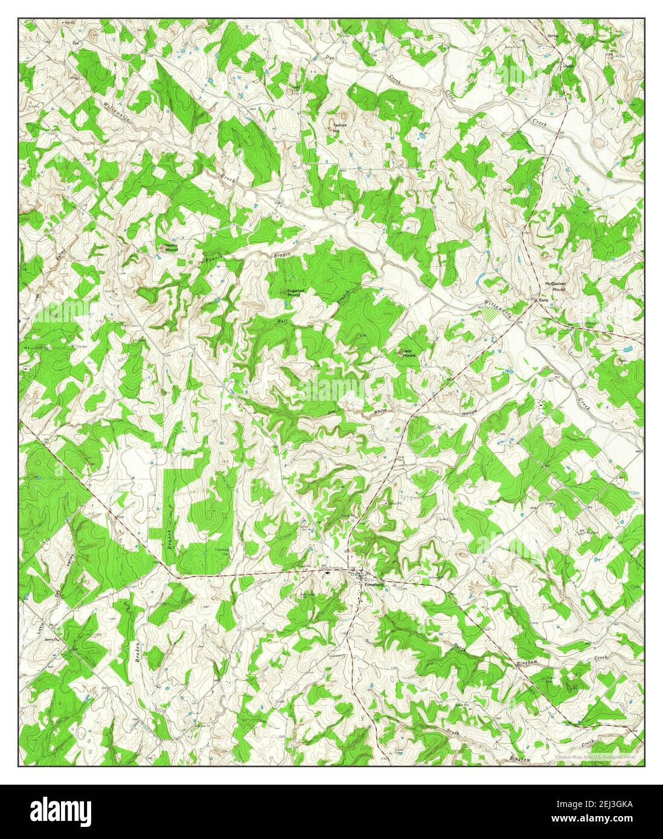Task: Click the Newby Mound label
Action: (x=171, y=246)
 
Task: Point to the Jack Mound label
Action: (x=409, y=353)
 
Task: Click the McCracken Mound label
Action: (x=554, y=286)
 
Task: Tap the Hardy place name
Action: (x=543, y=299)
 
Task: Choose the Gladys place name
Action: (x=568, y=66)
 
